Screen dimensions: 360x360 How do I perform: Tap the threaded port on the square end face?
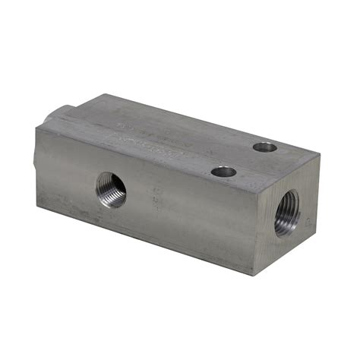(287, 213)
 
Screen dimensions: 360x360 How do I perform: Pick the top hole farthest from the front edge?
(265, 147)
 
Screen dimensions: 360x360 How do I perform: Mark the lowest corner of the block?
(255, 274)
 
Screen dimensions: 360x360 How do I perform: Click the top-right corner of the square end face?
(320, 156)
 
